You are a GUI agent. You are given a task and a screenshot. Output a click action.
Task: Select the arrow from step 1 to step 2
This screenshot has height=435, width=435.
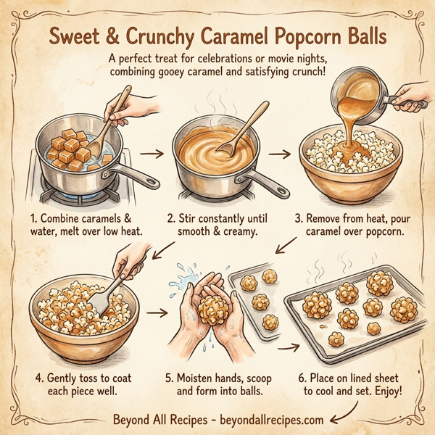click(150, 154)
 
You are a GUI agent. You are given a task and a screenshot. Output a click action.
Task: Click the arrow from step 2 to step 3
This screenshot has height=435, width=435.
click(278, 154)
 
